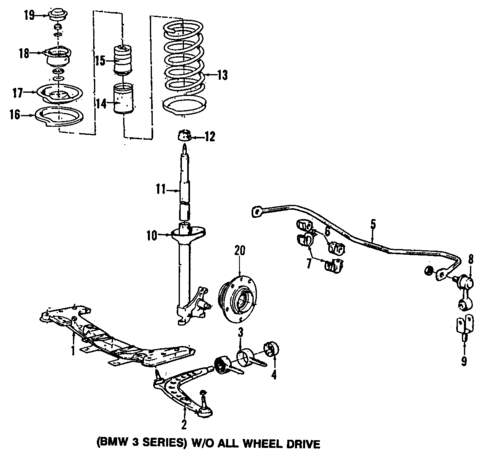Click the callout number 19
[29, 14]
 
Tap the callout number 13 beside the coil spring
[222, 74]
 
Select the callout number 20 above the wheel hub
[239, 249]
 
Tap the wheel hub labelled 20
[239, 295]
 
